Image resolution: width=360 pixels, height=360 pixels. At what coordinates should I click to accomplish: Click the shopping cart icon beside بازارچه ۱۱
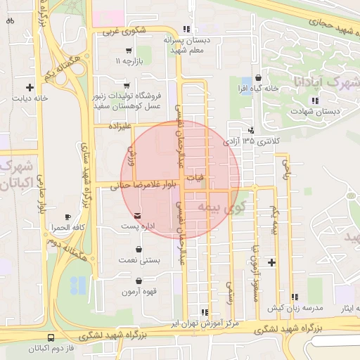(127, 51)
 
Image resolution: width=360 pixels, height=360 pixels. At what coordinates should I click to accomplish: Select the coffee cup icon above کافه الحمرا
(67, 217)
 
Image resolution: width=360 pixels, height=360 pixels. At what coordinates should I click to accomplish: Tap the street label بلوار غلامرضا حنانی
(138, 186)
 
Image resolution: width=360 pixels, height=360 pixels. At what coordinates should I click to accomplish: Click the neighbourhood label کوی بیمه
(213, 206)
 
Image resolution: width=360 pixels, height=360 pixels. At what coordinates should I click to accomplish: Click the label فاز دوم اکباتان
(52, 348)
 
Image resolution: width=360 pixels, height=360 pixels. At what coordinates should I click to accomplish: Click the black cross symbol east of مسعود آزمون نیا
(272, 262)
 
